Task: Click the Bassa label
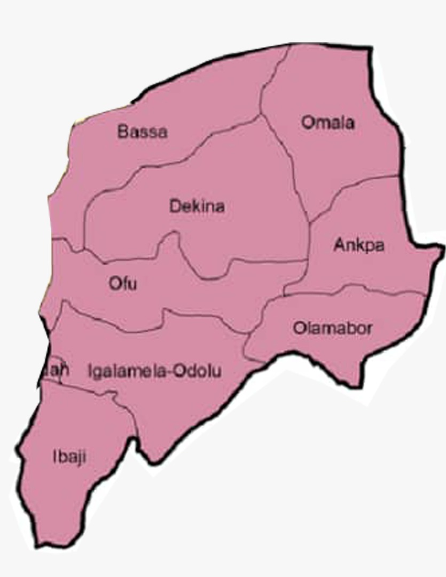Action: (x=142, y=131)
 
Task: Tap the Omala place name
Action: (x=328, y=122)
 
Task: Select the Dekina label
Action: (x=197, y=206)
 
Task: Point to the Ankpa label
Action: (x=359, y=245)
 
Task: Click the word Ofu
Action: (x=123, y=283)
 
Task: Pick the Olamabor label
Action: (x=332, y=328)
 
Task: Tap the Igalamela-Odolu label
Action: (x=154, y=371)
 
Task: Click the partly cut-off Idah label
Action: (x=57, y=369)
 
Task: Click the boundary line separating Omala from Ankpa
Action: (x=353, y=187)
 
